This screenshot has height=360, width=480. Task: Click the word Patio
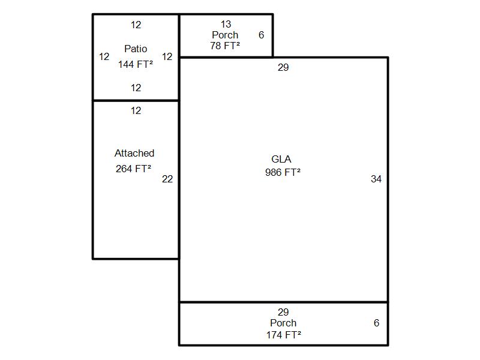[x=136, y=49]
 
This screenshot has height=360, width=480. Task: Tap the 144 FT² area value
[x=136, y=64]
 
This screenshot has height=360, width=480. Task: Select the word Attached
[x=134, y=153]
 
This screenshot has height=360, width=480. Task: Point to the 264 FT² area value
[x=133, y=169]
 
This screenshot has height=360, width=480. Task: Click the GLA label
[x=281, y=159]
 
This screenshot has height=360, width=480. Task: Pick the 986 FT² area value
[x=283, y=172]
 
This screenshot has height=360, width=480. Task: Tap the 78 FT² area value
[x=225, y=46]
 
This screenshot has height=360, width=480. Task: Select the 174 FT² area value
[x=283, y=335]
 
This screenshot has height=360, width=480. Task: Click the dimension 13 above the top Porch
[x=226, y=24]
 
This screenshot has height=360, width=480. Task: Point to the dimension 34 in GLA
[x=376, y=179]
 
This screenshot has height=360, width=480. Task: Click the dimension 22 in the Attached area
[x=167, y=179]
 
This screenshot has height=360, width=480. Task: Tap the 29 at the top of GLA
[x=283, y=67]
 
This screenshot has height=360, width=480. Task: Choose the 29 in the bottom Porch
[x=283, y=312]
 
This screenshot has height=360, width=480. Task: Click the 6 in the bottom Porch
[x=377, y=323]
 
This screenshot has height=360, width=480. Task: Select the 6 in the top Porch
[x=261, y=35]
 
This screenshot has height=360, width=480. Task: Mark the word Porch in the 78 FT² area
[x=225, y=35]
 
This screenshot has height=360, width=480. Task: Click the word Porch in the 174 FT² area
[x=283, y=323]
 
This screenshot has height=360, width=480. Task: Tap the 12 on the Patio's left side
[x=104, y=56]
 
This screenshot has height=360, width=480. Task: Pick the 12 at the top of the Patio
[x=136, y=25]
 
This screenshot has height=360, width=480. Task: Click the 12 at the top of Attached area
[x=136, y=110]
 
